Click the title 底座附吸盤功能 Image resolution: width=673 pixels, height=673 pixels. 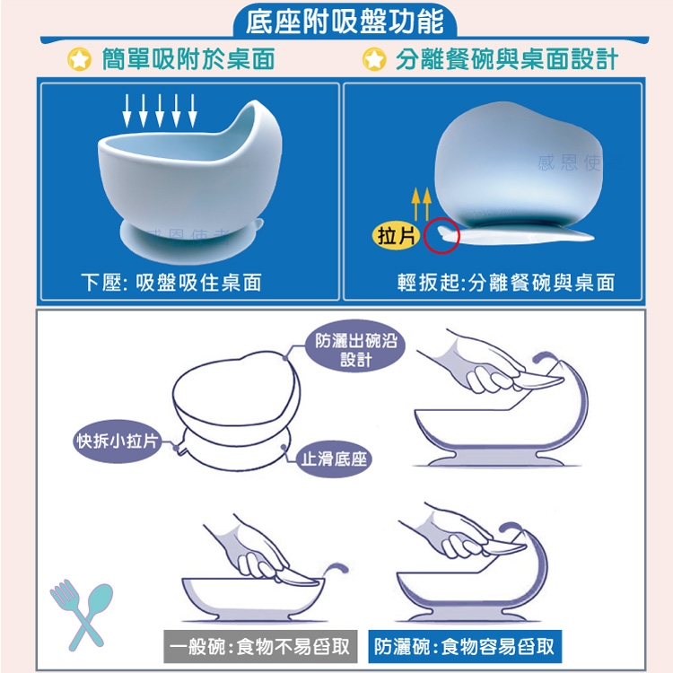coord(345,22)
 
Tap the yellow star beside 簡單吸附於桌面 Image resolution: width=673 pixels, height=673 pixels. coord(79,59)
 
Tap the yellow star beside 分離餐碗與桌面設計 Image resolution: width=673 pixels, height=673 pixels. coord(374,59)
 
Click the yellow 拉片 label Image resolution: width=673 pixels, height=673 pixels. coord(396,236)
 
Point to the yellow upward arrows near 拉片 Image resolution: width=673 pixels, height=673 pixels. coord(421,204)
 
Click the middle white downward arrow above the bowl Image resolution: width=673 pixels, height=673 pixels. coord(160,110)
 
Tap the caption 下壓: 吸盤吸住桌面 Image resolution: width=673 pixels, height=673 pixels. coord(170,283)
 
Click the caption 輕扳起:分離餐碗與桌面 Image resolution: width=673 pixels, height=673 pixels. coord(505,283)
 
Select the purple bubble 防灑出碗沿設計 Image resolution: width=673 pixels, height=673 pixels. coord(355,350)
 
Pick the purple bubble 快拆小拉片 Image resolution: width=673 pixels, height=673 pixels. coord(117,441)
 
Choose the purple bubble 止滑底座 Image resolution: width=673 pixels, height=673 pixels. coord(334,459)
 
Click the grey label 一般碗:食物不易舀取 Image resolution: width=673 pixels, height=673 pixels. coord(260,646)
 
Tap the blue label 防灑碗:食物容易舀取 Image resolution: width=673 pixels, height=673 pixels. coord(465,646)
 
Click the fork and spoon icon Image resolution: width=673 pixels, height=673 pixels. coord(82,614)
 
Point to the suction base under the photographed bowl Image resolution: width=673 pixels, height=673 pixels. coord(191,240)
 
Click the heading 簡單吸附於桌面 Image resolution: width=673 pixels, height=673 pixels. coord(188,59)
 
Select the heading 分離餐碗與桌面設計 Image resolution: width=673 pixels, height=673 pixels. coord(506,59)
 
